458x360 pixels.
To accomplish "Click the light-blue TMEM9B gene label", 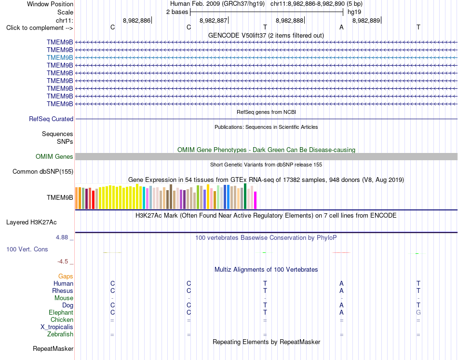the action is [x=60, y=57].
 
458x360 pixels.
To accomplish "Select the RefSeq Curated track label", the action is [x=51, y=119].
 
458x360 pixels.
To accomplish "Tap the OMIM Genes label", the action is [x=54, y=156].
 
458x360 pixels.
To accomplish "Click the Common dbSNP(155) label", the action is [x=43, y=172].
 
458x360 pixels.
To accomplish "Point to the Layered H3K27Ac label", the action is [x=31, y=222].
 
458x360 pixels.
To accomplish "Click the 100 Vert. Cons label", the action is [x=27, y=249].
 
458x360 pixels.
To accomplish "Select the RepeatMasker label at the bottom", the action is [x=53, y=348].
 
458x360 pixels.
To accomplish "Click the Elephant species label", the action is [x=61, y=312].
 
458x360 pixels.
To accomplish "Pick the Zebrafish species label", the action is [x=60, y=334].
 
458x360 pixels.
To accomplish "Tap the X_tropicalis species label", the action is [x=57, y=327].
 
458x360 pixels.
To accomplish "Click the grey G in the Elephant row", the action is [x=418, y=312].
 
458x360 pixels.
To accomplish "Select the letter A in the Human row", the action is [x=341, y=283].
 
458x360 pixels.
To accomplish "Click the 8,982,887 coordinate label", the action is [x=213, y=20].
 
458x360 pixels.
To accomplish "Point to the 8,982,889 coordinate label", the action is [x=366, y=20].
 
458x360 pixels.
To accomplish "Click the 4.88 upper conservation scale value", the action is [x=62, y=237].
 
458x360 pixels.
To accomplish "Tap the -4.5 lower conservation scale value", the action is [x=63, y=262].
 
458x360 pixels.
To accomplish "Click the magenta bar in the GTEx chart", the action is [x=256, y=200].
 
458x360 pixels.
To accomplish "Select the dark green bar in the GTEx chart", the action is [x=245, y=196].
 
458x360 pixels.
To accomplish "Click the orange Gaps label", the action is [x=66, y=277].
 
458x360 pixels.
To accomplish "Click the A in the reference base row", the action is [x=341, y=27].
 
